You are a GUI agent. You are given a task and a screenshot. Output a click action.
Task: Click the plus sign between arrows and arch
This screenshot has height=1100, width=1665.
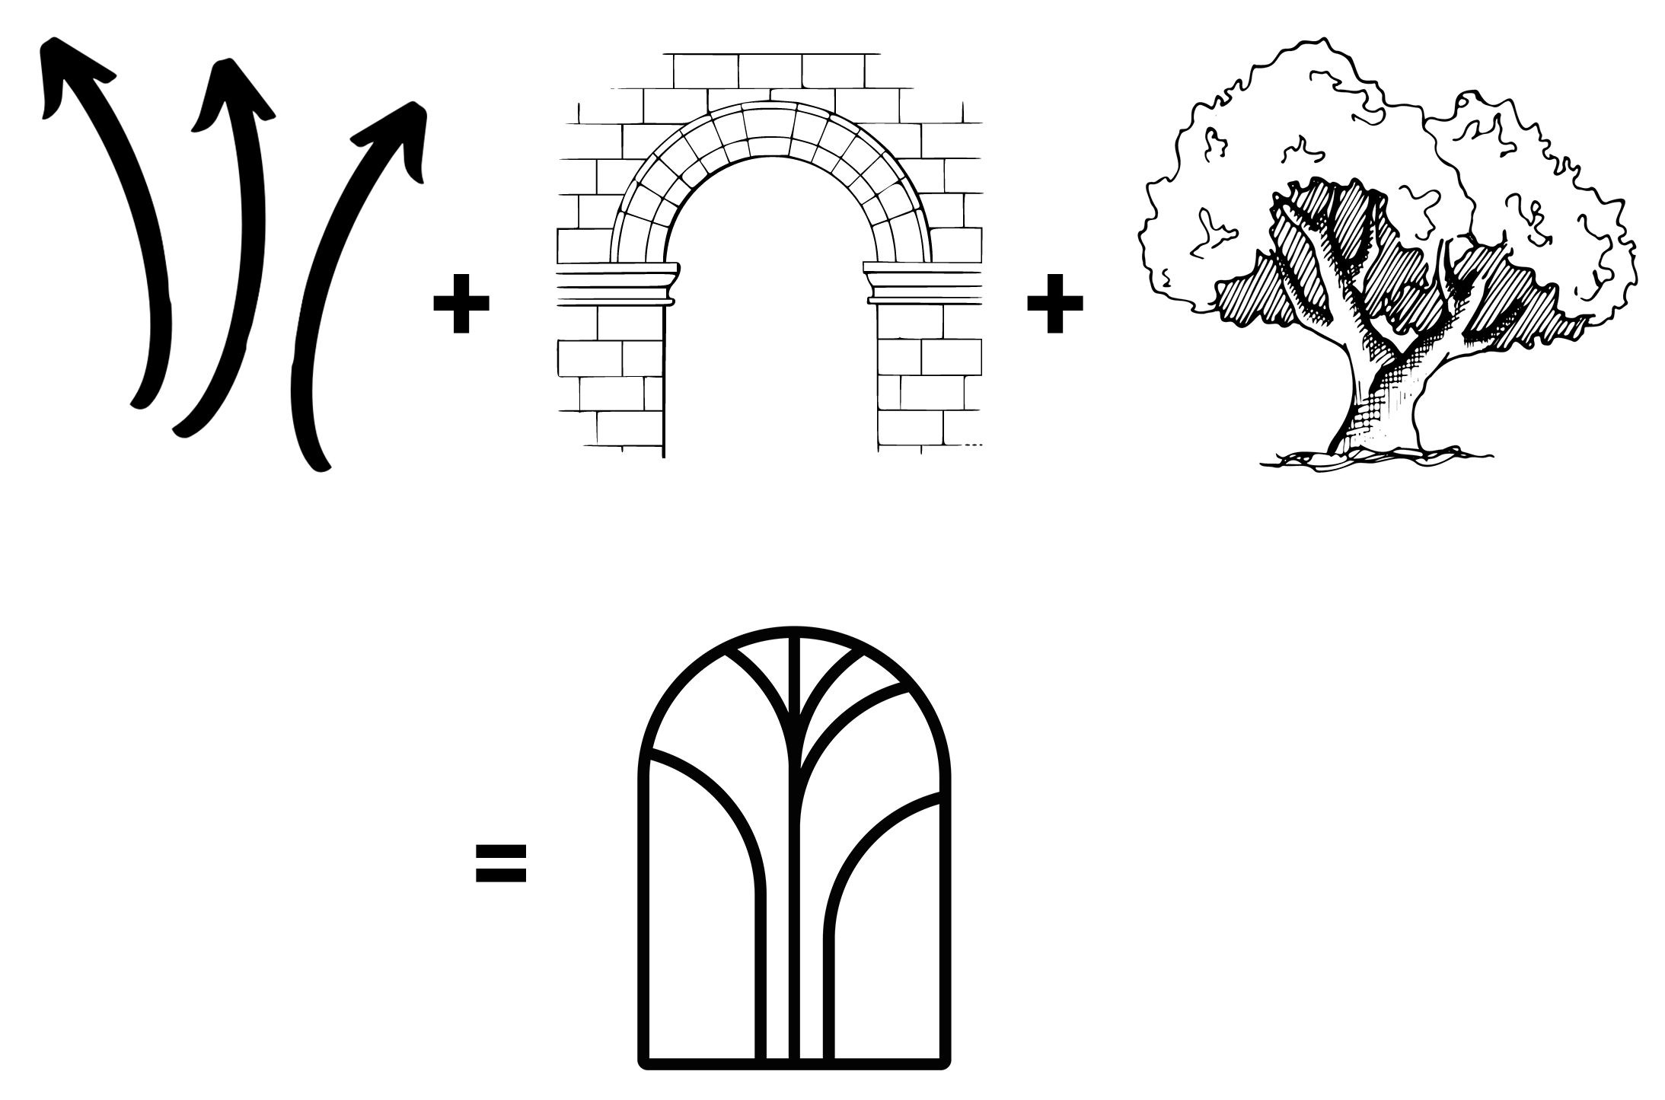tap(461, 303)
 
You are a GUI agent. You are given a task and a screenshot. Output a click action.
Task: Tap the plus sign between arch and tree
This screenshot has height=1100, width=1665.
tap(1054, 303)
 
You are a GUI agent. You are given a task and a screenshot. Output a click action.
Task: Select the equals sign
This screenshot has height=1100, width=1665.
tap(500, 862)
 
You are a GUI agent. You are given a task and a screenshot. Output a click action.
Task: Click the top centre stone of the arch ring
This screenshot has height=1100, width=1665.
tap(769, 122)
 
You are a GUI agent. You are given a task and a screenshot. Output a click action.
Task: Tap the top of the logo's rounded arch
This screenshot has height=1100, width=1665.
tap(793, 632)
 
